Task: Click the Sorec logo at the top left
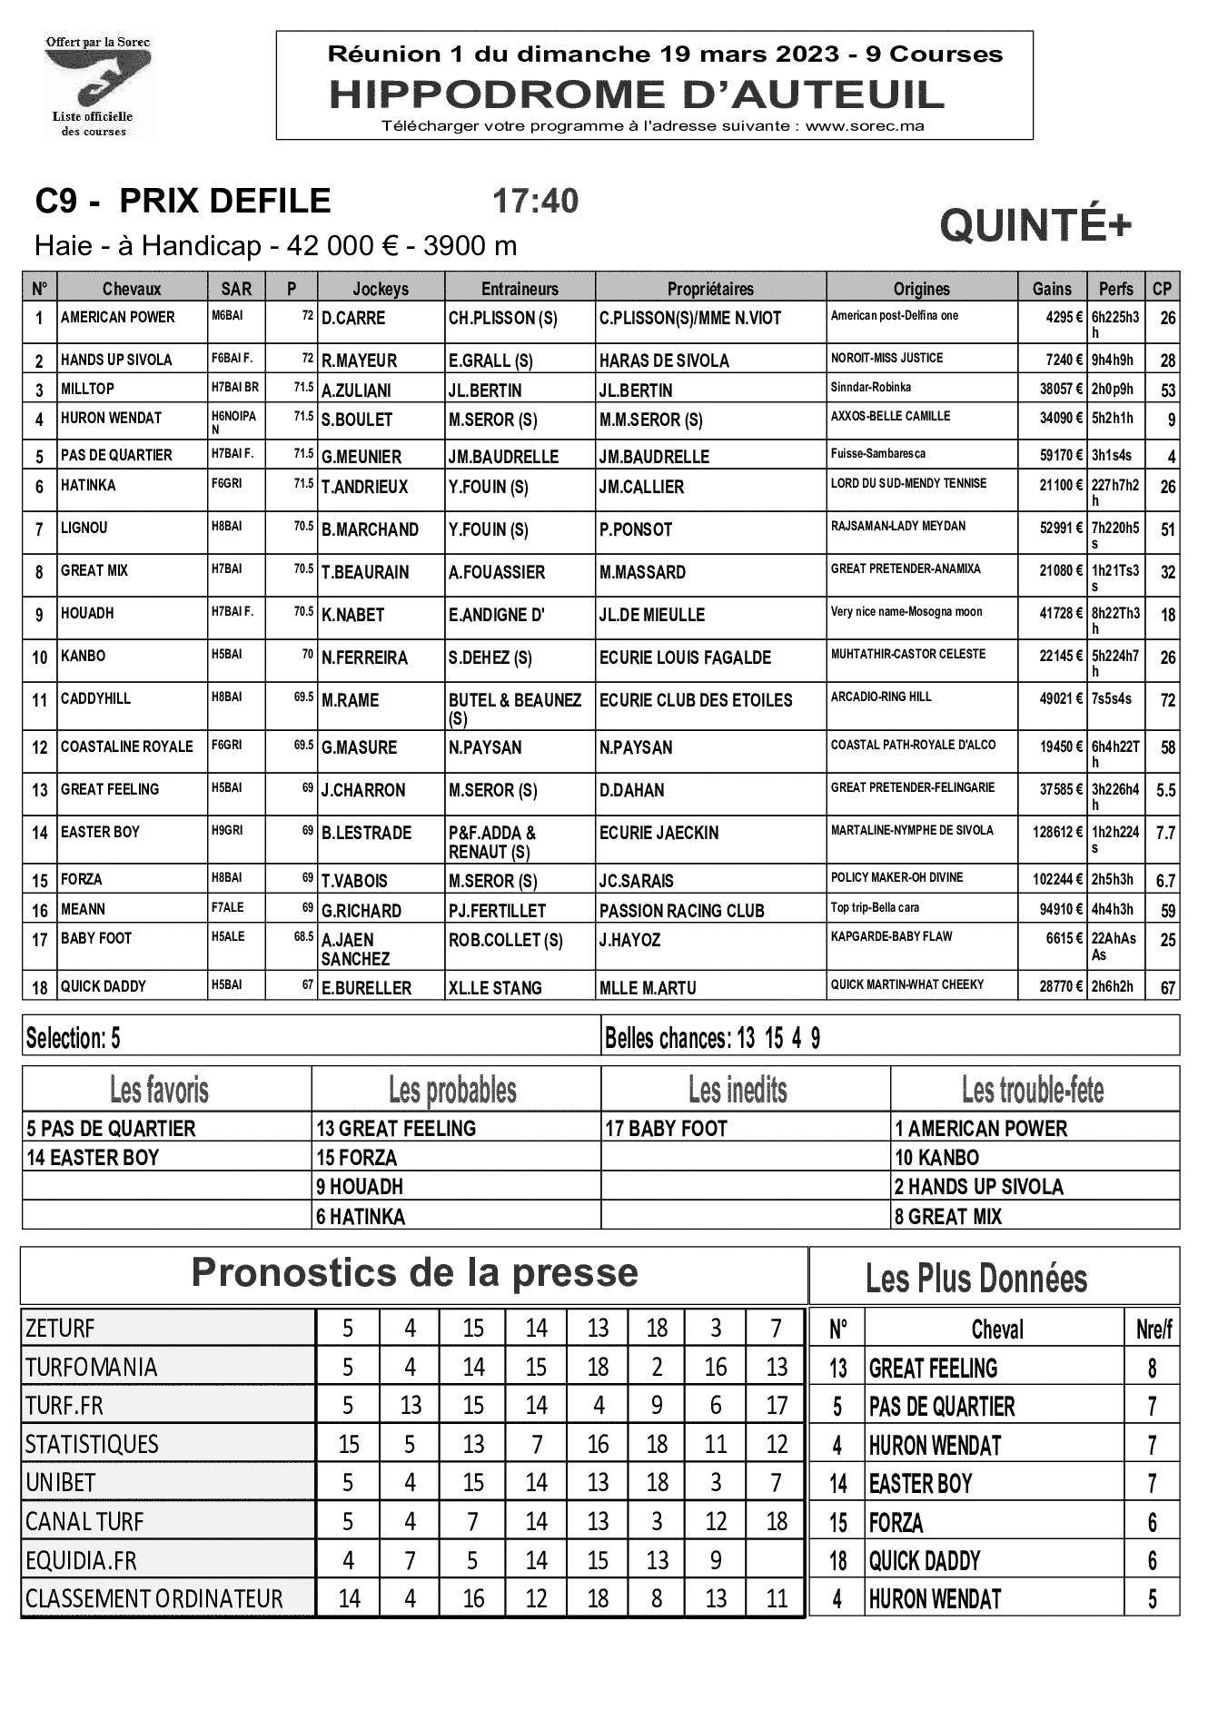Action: tap(98, 86)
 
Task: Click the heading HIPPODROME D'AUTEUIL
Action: tap(636, 94)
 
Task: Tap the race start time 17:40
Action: tap(534, 202)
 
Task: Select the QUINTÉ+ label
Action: tap(1035, 225)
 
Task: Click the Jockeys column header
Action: tap(381, 289)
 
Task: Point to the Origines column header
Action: tap(921, 289)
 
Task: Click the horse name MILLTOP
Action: tap(88, 389)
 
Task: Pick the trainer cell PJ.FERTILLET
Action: tap(497, 910)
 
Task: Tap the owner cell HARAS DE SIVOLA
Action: tap(664, 361)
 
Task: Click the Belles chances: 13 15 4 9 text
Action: tap(712, 1038)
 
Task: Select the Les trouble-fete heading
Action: tap(1033, 1089)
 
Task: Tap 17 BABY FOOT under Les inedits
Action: tap(666, 1129)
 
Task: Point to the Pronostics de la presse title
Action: tap(414, 1273)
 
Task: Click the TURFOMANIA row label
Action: tap(91, 1368)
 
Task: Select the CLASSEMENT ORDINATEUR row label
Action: tap(153, 1598)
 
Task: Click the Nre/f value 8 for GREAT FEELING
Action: tap(1152, 1369)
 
